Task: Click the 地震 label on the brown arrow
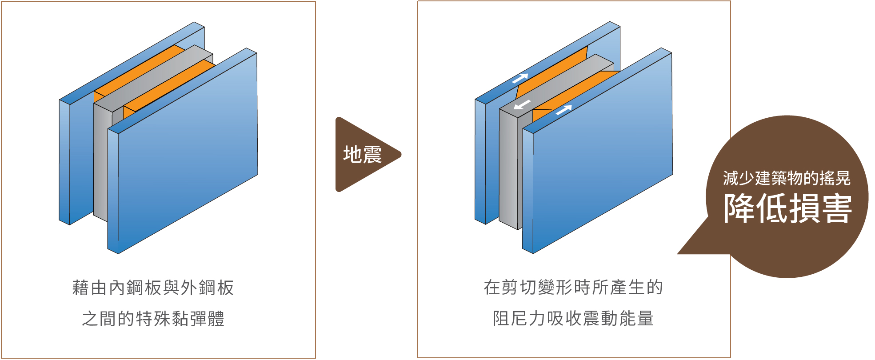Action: (x=362, y=155)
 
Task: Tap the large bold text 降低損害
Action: (x=787, y=208)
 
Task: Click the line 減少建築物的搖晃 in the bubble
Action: (x=787, y=178)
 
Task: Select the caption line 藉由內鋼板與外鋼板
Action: (x=153, y=288)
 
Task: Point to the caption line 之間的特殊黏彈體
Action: (x=153, y=319)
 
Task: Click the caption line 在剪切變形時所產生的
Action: (x=573, y=288)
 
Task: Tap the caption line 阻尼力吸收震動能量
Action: (x=573, y=319)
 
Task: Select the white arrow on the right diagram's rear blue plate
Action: (x=520, y=79)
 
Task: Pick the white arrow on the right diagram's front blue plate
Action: (x=563, y=109)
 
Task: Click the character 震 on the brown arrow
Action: (x=372, y=155)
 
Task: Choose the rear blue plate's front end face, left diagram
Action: (x=65, y=162)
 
